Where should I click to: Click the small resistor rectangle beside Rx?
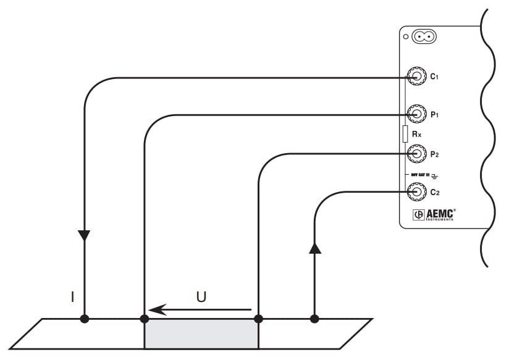(405, 133)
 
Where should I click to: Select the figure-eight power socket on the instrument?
(424, 37)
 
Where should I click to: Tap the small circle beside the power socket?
(406, 38)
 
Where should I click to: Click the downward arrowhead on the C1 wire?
(84, 235)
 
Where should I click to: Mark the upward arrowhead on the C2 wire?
(315, 248)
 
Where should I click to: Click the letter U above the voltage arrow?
(201, 296)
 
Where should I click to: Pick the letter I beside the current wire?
(72, 297)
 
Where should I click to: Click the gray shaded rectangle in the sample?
(201, 334)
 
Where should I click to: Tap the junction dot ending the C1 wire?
(84, 319)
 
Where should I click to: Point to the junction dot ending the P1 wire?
(145, 319)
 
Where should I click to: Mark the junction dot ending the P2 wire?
(258, 319)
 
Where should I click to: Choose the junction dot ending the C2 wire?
(315, 319)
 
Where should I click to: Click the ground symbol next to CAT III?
(435, 175)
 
